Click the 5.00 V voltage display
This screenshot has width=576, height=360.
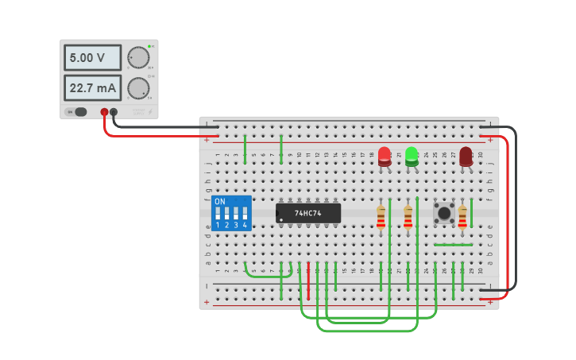[x=92, y=57]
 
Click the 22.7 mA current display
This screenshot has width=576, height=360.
[x=92, y=87]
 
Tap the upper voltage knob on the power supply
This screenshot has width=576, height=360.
[x=138, y=57]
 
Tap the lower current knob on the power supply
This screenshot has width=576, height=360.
[x=138, y=87]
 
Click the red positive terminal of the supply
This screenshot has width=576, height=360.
[x=104, y=113]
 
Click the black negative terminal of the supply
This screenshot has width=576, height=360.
[x=114, y=113]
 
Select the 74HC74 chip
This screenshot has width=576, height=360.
[x=308, y=213]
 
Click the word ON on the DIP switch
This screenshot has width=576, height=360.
[x=220, y=202]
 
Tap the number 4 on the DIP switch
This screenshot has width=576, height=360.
[x=245, y=226]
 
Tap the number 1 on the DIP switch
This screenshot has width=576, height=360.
[x=218, y=226]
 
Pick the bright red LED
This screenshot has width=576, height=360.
[x=385, y=155]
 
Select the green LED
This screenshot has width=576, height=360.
[x=412, y=155]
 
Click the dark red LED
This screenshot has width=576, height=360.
[x=466, y=156]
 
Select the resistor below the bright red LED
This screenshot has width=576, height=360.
[x=381, y=216]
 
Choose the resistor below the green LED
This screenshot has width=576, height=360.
[x=408, y=216]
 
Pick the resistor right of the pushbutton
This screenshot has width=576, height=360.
[x=462, y=216]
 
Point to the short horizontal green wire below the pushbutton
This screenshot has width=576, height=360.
[x=453, y=245]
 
